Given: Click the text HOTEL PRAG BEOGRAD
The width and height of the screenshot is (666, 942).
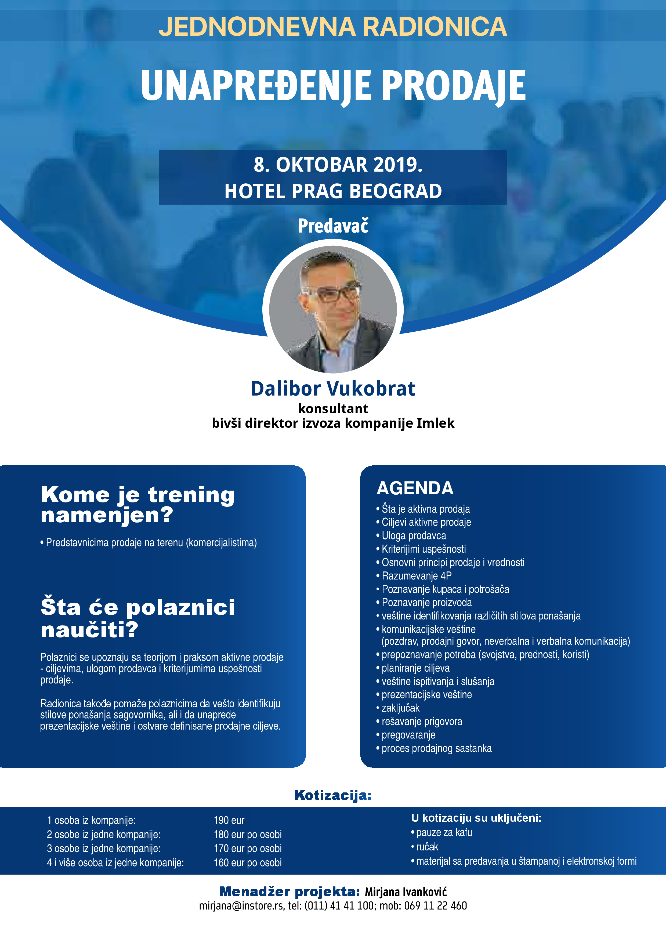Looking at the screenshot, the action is [x=333, y=191].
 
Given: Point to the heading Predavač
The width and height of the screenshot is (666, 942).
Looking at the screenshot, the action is [x=333, y=226].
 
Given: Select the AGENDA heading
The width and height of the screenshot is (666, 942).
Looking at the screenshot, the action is [x=415, y=488].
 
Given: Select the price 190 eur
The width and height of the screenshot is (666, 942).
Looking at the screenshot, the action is [x=229, y=821].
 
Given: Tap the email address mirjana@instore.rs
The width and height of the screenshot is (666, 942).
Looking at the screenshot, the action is [x=241, y=906].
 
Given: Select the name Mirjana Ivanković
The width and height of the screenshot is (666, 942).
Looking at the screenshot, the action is [x=406, y=892].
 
